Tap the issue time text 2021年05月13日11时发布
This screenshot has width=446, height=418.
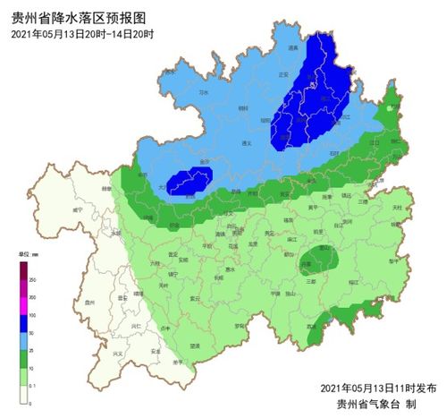tap(379, 387)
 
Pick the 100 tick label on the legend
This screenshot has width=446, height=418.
tap(32, 316)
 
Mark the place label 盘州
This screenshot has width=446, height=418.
tap(88, 303)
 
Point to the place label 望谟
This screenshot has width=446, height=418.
tap(195, 345)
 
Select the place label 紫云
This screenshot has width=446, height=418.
tap(194, 298)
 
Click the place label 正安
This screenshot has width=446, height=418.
tap(284, 74)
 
